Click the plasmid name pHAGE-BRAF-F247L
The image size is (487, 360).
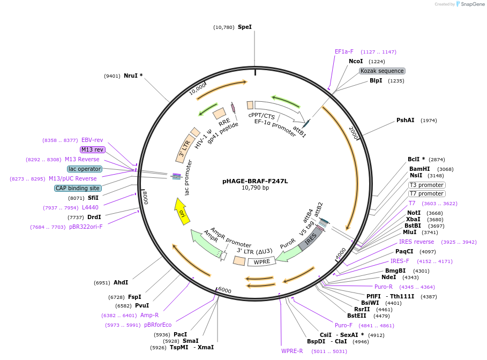pos(255,181)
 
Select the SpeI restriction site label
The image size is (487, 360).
pos(244,27)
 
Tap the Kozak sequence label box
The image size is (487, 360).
pos(382,71)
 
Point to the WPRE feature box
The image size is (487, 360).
pos(262,261)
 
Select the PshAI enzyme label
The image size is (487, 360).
pos(405,121)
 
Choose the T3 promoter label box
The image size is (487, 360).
pos(426,185)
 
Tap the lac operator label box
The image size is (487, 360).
pos(85,169)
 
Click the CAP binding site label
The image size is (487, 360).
pos(78,188)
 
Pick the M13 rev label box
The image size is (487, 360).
pos(92,149)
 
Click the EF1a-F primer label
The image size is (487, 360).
pos(344,52)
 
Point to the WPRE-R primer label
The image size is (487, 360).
pos(292,351)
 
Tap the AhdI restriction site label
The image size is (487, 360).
pos(121,282)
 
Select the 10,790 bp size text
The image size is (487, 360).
pos(255,188)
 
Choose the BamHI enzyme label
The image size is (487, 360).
pos(419,169)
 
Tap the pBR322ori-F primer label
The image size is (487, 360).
pos(86,227)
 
